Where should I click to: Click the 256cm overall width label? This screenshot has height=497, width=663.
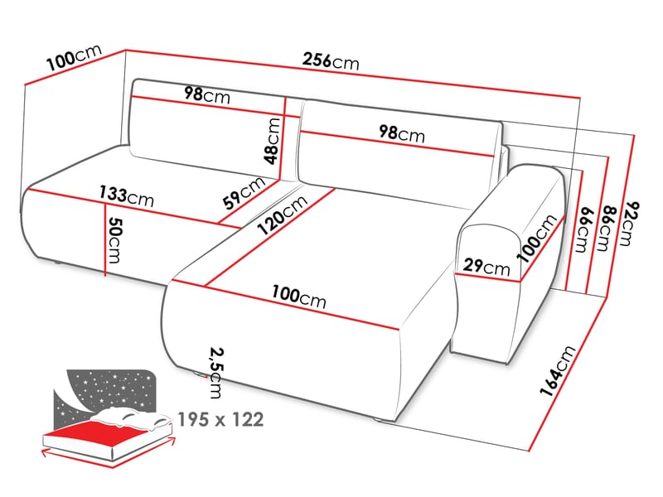(x=331, y=60)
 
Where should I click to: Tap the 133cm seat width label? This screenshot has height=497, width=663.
(x=127, y=196)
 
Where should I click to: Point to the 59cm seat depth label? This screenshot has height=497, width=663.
(x=244, y=193)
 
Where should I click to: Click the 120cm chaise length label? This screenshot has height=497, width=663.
(x=282, y=215)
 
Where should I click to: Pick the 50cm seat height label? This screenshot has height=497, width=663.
(x=114, y=239)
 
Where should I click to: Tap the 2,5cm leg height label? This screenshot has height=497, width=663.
(x=216, y=373)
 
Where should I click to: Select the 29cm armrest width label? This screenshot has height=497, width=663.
(x=486, y=267)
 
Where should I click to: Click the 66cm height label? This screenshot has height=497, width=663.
(x=583, y=229)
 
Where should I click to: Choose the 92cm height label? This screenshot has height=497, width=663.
(x=630, y=224)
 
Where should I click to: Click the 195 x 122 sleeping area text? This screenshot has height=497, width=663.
(x=220, y=420)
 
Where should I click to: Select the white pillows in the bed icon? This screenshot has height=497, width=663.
(x=132, y=417)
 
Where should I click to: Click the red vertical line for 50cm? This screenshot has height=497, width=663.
(x=104, y=239)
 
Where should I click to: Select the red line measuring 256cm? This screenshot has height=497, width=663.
(x=353, y=74)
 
